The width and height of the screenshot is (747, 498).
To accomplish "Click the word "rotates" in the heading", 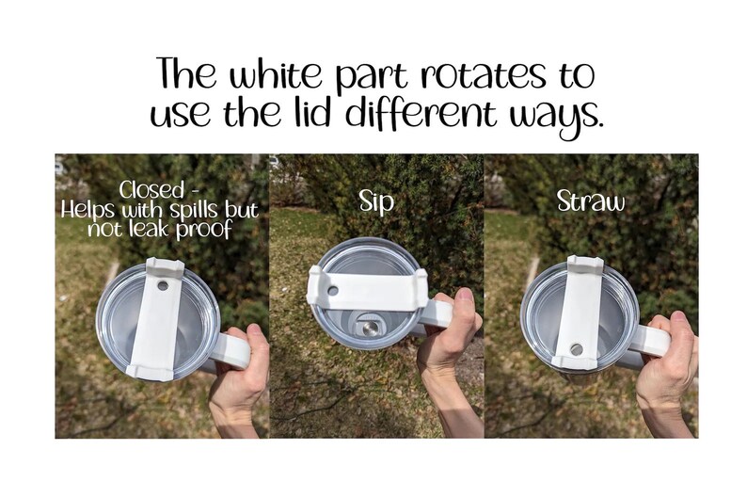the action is pyautogui.click(x=483, y=74).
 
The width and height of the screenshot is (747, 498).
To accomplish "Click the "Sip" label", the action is pyautogui.click(x=376, y=201).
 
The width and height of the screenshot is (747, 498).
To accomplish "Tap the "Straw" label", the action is pyautogui.click(x=590, y=201).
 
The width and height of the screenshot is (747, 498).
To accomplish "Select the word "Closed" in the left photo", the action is pyautogui.click(x=151, y=190).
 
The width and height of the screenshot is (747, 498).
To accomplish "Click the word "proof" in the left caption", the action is pyautogui.click(x=203, y=231).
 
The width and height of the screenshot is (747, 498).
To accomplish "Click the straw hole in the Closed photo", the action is pyautogui.click(x=163, y=286).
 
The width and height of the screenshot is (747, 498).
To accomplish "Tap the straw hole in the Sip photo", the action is pyautogui.click(x=332, y=290).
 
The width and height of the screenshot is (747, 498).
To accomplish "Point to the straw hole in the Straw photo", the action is pyautogui.click(x=576, y=349).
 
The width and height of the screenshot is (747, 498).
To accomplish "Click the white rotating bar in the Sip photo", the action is pyautogui.click(x=367, y=289).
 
